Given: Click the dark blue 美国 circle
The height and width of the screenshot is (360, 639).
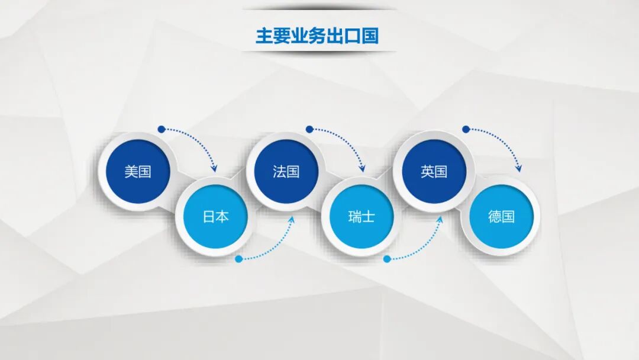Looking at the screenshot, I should coord(138,172).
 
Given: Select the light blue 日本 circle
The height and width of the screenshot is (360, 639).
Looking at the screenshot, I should coord(215,217).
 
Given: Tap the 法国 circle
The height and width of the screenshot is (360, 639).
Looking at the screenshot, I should coord(286,172).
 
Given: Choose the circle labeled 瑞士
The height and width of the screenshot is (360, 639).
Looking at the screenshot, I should coord(361,217).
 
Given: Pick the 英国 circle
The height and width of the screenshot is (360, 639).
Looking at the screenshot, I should coord(434,172).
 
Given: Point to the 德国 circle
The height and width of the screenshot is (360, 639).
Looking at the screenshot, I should coord(501,217).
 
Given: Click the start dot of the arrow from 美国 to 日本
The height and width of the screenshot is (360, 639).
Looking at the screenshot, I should coord(161,129).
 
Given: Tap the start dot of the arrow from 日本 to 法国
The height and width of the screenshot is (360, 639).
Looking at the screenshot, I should coord(238,259).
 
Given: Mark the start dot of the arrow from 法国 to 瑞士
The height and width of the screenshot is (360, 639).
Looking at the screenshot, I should coord(309,129).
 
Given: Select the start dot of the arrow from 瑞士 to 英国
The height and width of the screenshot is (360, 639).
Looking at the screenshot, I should coord(387,259).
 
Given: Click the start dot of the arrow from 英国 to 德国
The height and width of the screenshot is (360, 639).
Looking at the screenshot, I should coord(466,129).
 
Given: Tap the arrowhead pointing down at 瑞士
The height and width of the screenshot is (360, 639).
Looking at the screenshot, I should coord(362,169).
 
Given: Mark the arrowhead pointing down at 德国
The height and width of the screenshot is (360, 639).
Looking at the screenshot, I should coord(519,169).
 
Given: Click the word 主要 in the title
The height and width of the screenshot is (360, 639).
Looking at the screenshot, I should coord(271,36).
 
